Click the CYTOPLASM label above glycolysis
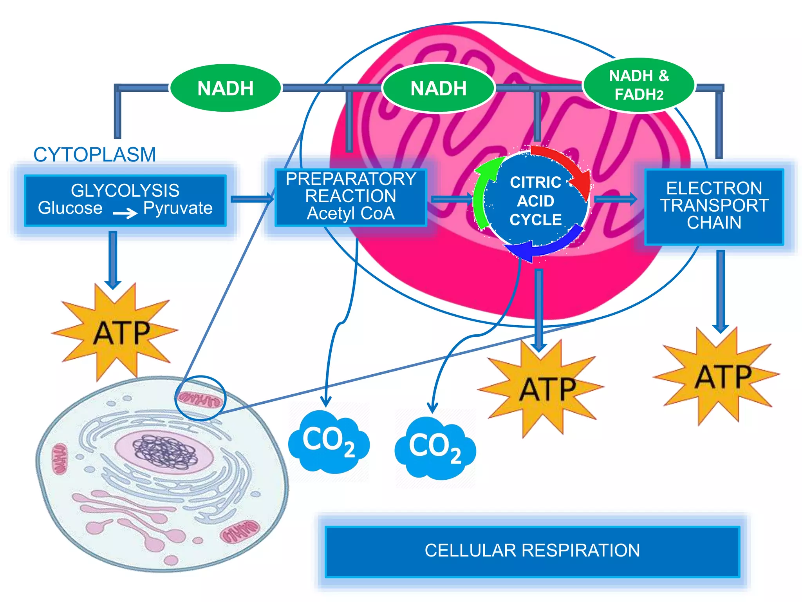click(x=95, y=154)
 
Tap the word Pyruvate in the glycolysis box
click(x=178, y=208)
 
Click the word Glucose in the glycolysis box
click(x=70, y=208)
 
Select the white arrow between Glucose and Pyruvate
click(x=125, y=213)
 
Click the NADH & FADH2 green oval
click(x=639, y=85)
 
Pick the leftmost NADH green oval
click(x=226, y=88)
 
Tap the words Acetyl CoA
click(x=350, y=214)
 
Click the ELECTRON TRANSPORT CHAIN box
click(x=714, y=206)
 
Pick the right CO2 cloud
click(x=435, y=449)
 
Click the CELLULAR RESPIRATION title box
click(x=532, y=551)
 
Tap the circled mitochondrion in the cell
click(x=200, y=399)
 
